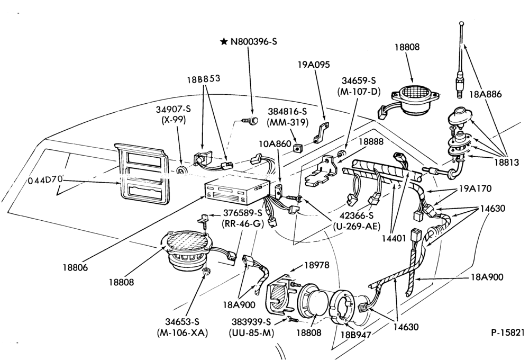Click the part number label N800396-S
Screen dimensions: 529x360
pyautogui.click(x=254, y=42)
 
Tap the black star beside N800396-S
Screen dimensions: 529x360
pyautogui.click(x=223, y=42)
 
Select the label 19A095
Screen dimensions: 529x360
pyautogui.click(x=313, y=65)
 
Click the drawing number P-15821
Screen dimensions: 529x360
pyautogui.click(x=508, y=332)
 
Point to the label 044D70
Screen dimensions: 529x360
pyautogui.click(x=45, y=179)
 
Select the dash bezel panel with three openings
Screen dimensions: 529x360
pyautogui.click(x=142, y=174)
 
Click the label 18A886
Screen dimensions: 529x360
pyautogui.click(x=485, y=94)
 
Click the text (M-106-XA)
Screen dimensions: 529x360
pyautogui.click(x=182, y=332)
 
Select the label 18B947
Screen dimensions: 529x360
pyautogui.click(x=355, y=335)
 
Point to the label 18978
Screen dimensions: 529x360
pyautogui.click(x=316, y=265)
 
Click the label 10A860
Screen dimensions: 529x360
pyautogui.click(x=275, y=144)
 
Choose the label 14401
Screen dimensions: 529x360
pyautogui.click(x=394, y=238)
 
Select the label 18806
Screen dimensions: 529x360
pyautogui.click(x=75, y=267)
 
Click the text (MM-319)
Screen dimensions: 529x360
pyautogui.click(x=287, y=123)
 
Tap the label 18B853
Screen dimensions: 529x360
pyautogui.click(x=204, y=79)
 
